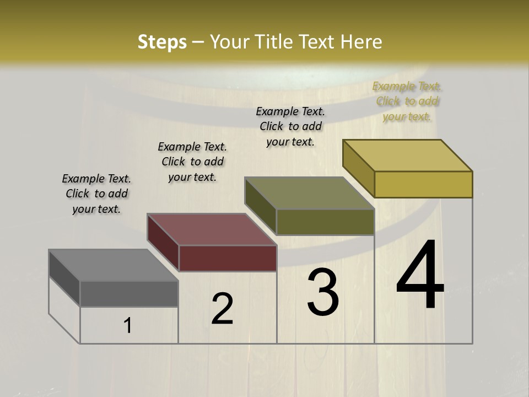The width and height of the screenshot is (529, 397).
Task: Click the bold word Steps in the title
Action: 162,42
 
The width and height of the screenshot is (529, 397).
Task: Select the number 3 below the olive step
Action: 323,292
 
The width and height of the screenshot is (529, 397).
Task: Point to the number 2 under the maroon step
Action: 223,309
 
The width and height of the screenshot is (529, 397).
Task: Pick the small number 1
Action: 128,325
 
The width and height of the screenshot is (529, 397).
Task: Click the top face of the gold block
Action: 407,155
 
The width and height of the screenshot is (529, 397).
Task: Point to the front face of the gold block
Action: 423,184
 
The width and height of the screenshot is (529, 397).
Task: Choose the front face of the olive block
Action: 325,222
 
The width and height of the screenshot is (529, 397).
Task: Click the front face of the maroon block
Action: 228,258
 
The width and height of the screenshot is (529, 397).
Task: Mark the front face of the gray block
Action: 129,293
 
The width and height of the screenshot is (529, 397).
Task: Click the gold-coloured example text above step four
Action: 407,101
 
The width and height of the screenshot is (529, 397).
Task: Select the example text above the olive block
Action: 290,126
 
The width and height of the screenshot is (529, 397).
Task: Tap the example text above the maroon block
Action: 192,162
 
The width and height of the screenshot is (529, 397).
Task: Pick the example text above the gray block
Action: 96,194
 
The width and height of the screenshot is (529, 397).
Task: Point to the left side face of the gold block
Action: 358,168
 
